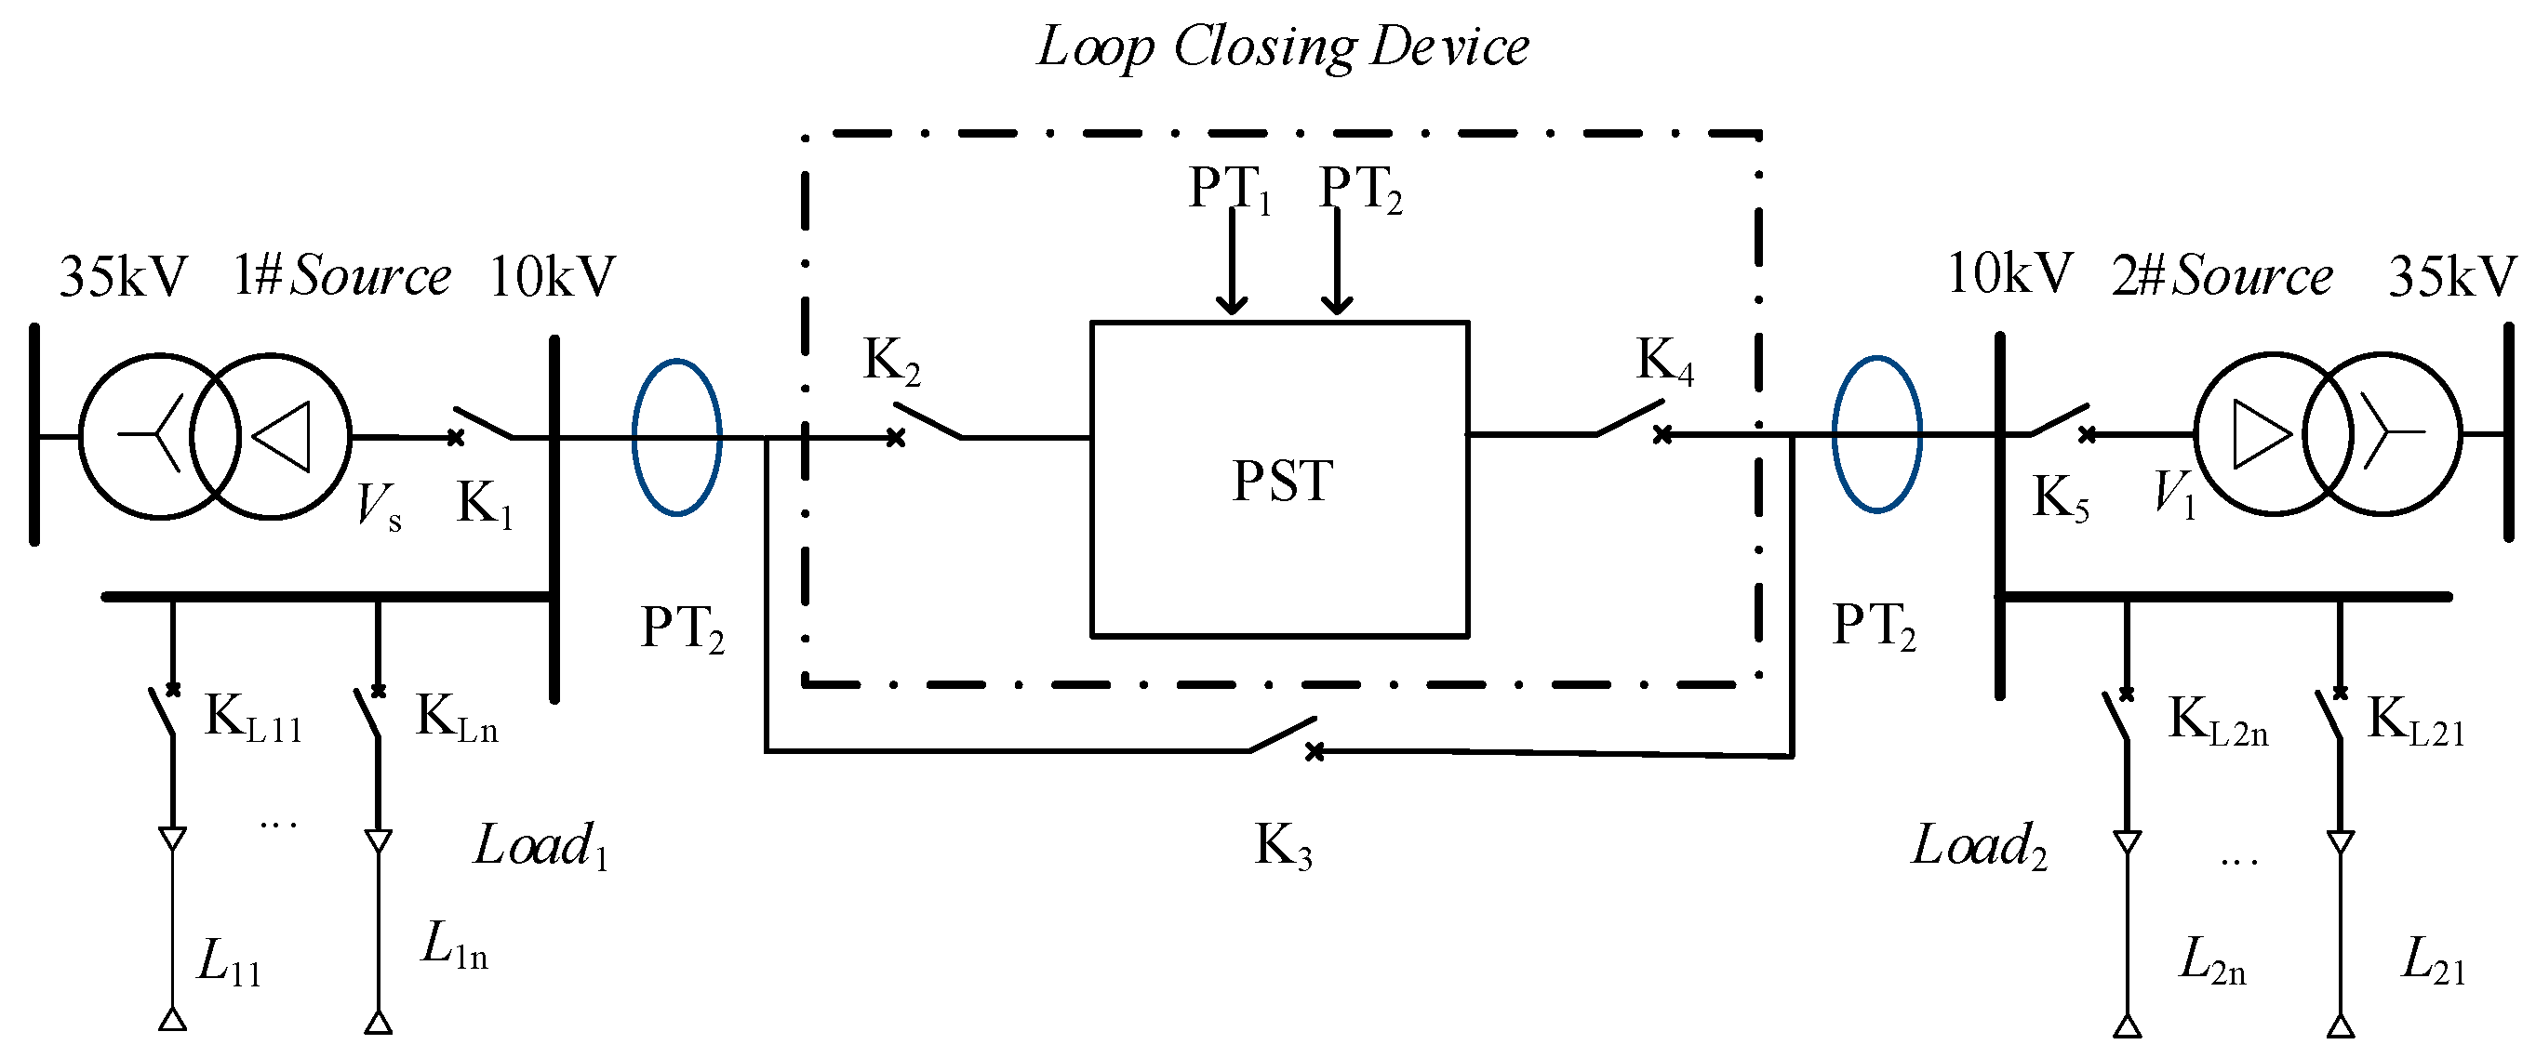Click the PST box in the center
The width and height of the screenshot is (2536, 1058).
tap(1280, 480)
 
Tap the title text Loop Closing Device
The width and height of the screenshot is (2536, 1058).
tap(1283, 47)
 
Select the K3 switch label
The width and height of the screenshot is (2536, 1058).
tap(1282, 845)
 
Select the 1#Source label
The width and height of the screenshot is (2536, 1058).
tap(341, 275)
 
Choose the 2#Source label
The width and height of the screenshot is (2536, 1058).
tap(2222, 275)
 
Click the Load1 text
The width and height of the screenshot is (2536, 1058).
tap(541, 845)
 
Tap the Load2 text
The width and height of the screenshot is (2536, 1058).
tap(1979, 845)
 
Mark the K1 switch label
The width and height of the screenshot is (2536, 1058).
tap(485, 505)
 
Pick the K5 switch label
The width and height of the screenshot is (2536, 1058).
tap(2061, 498)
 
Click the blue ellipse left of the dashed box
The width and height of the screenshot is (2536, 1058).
tap(677, 437)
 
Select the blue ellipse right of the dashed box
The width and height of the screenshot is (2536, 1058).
tap(1876, 434)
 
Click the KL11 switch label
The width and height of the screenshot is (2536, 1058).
tap(253, 718)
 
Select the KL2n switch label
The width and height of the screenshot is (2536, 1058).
tap(2218, 721)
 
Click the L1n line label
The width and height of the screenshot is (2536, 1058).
tap(454, 945)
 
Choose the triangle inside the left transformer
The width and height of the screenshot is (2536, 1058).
tap(283, 435)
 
